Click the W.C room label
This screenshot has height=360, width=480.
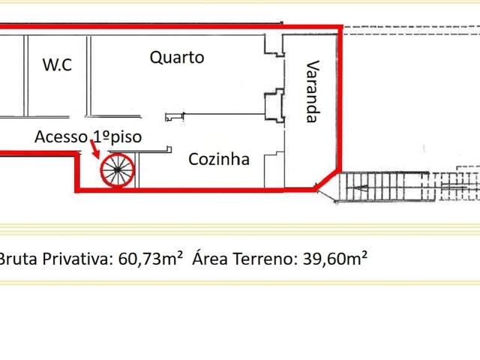(57, 65)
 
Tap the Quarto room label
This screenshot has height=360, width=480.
(176, 57)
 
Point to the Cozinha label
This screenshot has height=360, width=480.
(219, 159)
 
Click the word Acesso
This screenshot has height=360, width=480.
(60, 136)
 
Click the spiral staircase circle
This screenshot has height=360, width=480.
(118, 171)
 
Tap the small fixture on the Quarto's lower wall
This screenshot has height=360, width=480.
(175, 116)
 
